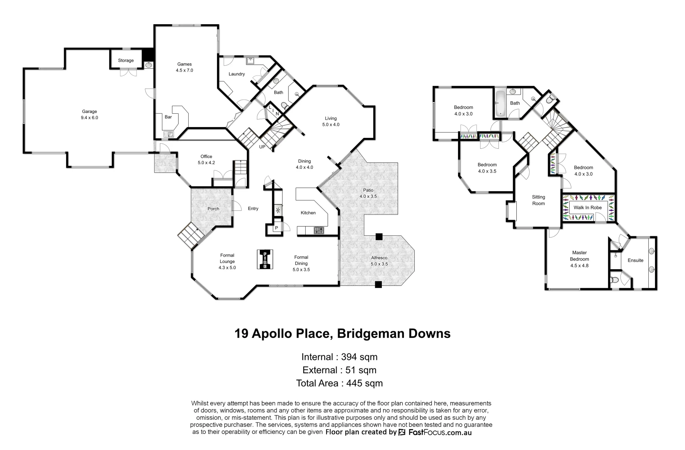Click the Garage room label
coord(89,115)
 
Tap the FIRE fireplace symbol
coord(264,260)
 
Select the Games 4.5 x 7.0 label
coord(184,67)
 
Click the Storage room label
coord(126,60)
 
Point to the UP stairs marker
coord(262,147)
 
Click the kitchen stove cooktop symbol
coord(319,230)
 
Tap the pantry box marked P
coord(276,228)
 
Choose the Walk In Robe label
coord(588,207)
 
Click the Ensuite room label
coord(635,260)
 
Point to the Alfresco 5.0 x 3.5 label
coord(379,261)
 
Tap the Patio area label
coord(368,193)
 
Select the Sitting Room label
coord(538,200)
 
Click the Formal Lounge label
coord(227,261)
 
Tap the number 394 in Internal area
coord(350,357)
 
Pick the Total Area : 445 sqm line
coord(339,383)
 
